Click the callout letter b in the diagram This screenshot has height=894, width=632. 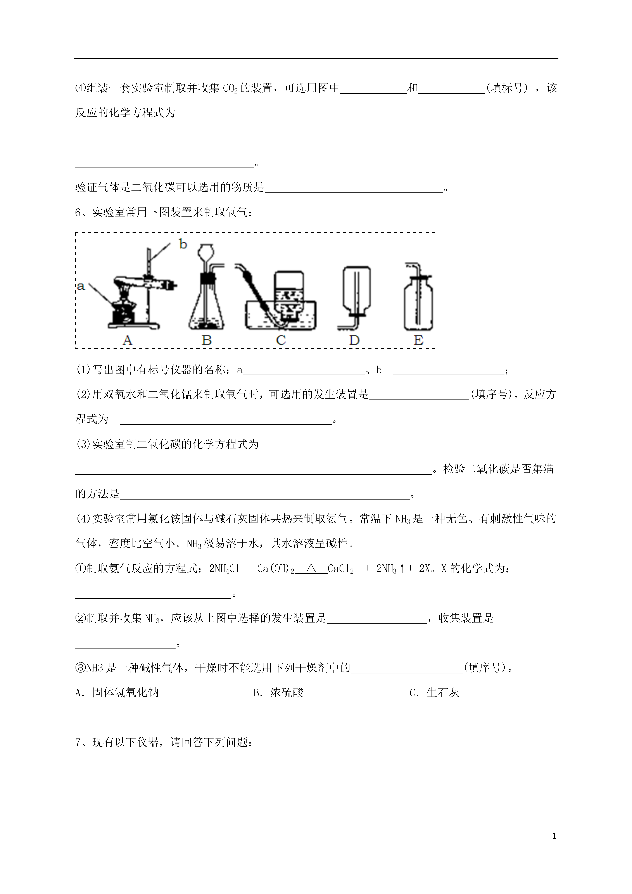[183, 244]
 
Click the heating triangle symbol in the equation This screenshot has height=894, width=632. [311, 569]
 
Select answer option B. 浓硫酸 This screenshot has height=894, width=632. [278, 693]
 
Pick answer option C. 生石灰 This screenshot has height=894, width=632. [435, 693]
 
